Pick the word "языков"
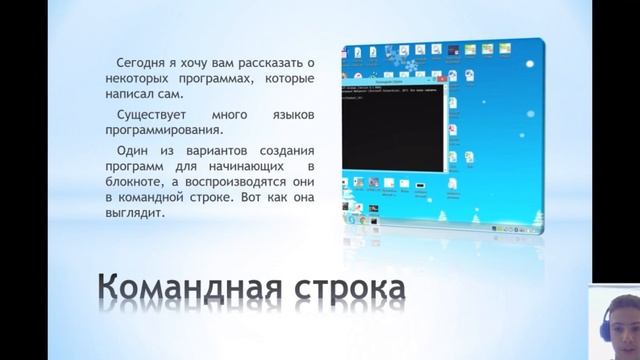291,117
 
